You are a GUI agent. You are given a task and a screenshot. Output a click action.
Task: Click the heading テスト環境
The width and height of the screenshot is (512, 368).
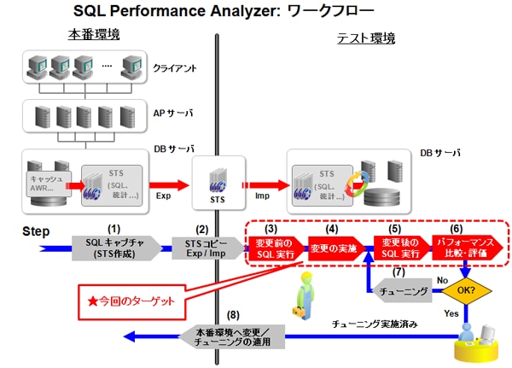[x=366, y=38]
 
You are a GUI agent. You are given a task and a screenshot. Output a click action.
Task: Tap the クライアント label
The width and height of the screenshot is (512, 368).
[x=177, y=67]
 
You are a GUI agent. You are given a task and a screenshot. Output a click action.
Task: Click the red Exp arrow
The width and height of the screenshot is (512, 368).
[x=160, y=182]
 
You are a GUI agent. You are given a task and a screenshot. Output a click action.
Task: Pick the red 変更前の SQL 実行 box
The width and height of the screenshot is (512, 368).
[x=273, y=248]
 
